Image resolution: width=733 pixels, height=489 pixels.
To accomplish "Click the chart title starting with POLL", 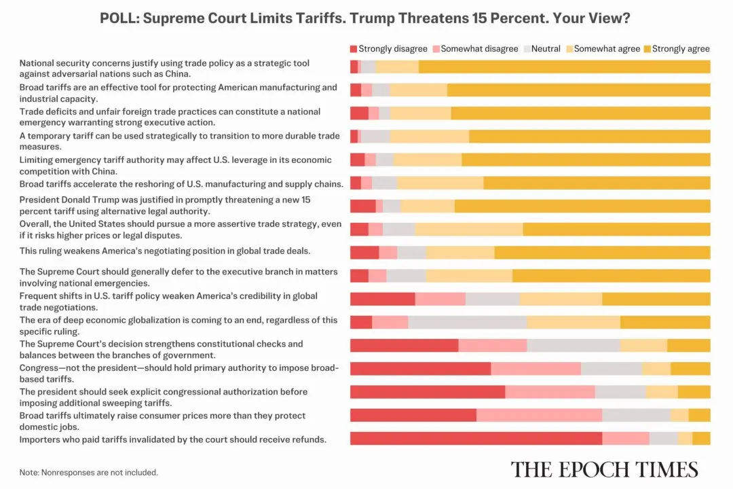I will click(x=365, y=18).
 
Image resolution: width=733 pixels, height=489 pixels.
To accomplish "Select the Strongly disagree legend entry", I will click(x=388, y=49).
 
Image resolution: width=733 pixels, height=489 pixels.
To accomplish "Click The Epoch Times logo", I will click(x=604, y=469).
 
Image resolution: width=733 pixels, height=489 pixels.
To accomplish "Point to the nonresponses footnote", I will click(x=88, y=472).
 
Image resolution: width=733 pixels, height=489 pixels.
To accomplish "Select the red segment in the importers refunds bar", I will click(x=475, y=439).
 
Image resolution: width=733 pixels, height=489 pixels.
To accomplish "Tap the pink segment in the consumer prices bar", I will click(x=539, y=416).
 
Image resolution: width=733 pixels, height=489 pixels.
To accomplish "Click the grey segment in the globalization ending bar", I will click(x=467, y=322).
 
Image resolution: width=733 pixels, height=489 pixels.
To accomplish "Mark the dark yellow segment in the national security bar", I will click(x=563, y=67).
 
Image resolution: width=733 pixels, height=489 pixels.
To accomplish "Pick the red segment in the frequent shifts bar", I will click(x=382, y=299).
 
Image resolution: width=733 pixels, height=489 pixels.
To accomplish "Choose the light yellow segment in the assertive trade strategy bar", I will click(x=468, y=229).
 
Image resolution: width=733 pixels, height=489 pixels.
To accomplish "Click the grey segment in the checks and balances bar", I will click(x=573, y=345).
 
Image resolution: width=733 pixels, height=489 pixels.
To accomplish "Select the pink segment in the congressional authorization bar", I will click(x=550, y=392).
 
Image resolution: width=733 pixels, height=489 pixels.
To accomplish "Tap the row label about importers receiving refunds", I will click(x=173, y=439).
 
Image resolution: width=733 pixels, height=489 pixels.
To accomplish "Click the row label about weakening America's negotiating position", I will click(x=165, y=251).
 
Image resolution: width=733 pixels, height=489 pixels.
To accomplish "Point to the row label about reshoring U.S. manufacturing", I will click(x=181, y=183).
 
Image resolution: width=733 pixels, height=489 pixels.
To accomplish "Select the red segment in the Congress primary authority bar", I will click(x=420, y=369).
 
